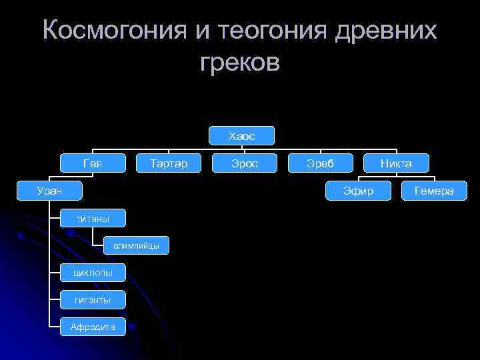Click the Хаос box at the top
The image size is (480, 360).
point(241,136)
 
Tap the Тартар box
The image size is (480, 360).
point(169,163)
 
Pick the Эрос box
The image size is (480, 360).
point(244,163)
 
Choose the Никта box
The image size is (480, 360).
point(396,163)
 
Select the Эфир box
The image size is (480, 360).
point(359,191)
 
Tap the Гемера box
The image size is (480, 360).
point(434,191)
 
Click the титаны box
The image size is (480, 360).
point(93,218)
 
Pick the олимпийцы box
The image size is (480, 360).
point(136,245)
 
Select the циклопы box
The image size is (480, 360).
point(93,272)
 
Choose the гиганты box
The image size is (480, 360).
point(93,299)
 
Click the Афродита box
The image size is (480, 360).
point(93,327)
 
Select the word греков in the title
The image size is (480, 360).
point(240,63)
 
